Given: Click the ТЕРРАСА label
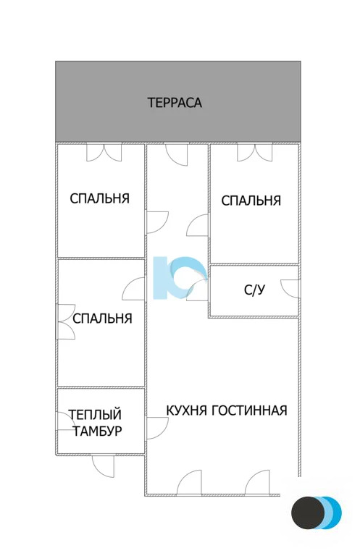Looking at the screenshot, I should click(x=175, y=103).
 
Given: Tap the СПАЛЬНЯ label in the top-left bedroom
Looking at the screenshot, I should click(x=100, y=198).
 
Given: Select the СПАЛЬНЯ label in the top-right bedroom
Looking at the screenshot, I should click(x=251, y=201).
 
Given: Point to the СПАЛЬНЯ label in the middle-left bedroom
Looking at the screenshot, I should click(x=102, y=318).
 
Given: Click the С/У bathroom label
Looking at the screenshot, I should click(x=254, y=291).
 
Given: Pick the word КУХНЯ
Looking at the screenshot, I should click(x=187, y=410).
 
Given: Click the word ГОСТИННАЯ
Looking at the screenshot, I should click(x=250, y=410).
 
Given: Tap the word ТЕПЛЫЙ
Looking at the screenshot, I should click(x=94, y=415).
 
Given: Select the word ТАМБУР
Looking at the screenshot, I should click(x=97, y=431).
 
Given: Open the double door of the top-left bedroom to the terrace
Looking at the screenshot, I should click(x=104, y=152).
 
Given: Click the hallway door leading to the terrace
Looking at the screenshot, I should click(x=177, y=153).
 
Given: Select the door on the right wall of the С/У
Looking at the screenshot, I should click(x=291, y=287).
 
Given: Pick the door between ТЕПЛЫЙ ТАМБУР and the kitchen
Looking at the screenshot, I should click(x=156, y=429).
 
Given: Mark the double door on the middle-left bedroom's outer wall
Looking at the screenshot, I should click(x=65, y=322).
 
